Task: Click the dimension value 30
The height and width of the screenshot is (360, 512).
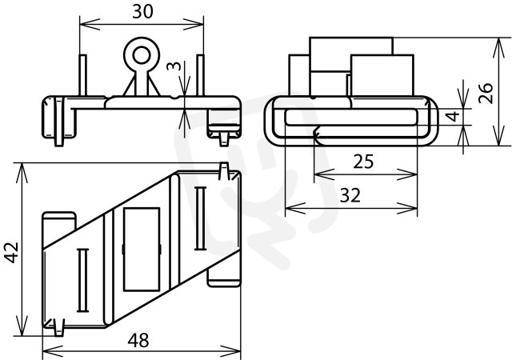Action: coord(142,12)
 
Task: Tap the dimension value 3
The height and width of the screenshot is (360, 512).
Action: coord(174,66)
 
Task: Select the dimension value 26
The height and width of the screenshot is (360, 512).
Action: coord(486,94)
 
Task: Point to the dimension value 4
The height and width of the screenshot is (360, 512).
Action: coord(453,116)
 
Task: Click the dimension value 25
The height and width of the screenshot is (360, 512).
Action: coord(363,162)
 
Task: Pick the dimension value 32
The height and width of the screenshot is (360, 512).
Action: coord(350,195)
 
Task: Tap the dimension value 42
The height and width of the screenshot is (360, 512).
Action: coord(11,252)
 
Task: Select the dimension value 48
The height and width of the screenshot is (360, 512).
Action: coord(138,340)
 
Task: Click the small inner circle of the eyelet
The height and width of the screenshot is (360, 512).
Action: coord(142,56)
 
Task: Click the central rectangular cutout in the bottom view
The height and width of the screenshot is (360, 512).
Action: coord(142,250)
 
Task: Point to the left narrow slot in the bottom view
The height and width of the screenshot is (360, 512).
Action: coord(82,280)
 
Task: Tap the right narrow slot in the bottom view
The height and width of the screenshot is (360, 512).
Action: coord(200,218)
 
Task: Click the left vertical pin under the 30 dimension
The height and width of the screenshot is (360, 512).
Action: coord(83,75)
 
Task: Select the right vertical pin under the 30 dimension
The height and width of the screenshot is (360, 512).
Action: coord(200,75)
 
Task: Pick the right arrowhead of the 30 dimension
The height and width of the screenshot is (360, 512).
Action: coord(194,24)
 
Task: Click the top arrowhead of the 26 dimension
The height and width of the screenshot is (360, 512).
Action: coord(498,48)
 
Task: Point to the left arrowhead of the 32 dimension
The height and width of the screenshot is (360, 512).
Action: coord(295,208)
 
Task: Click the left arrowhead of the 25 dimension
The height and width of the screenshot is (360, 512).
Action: coord(324,174)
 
